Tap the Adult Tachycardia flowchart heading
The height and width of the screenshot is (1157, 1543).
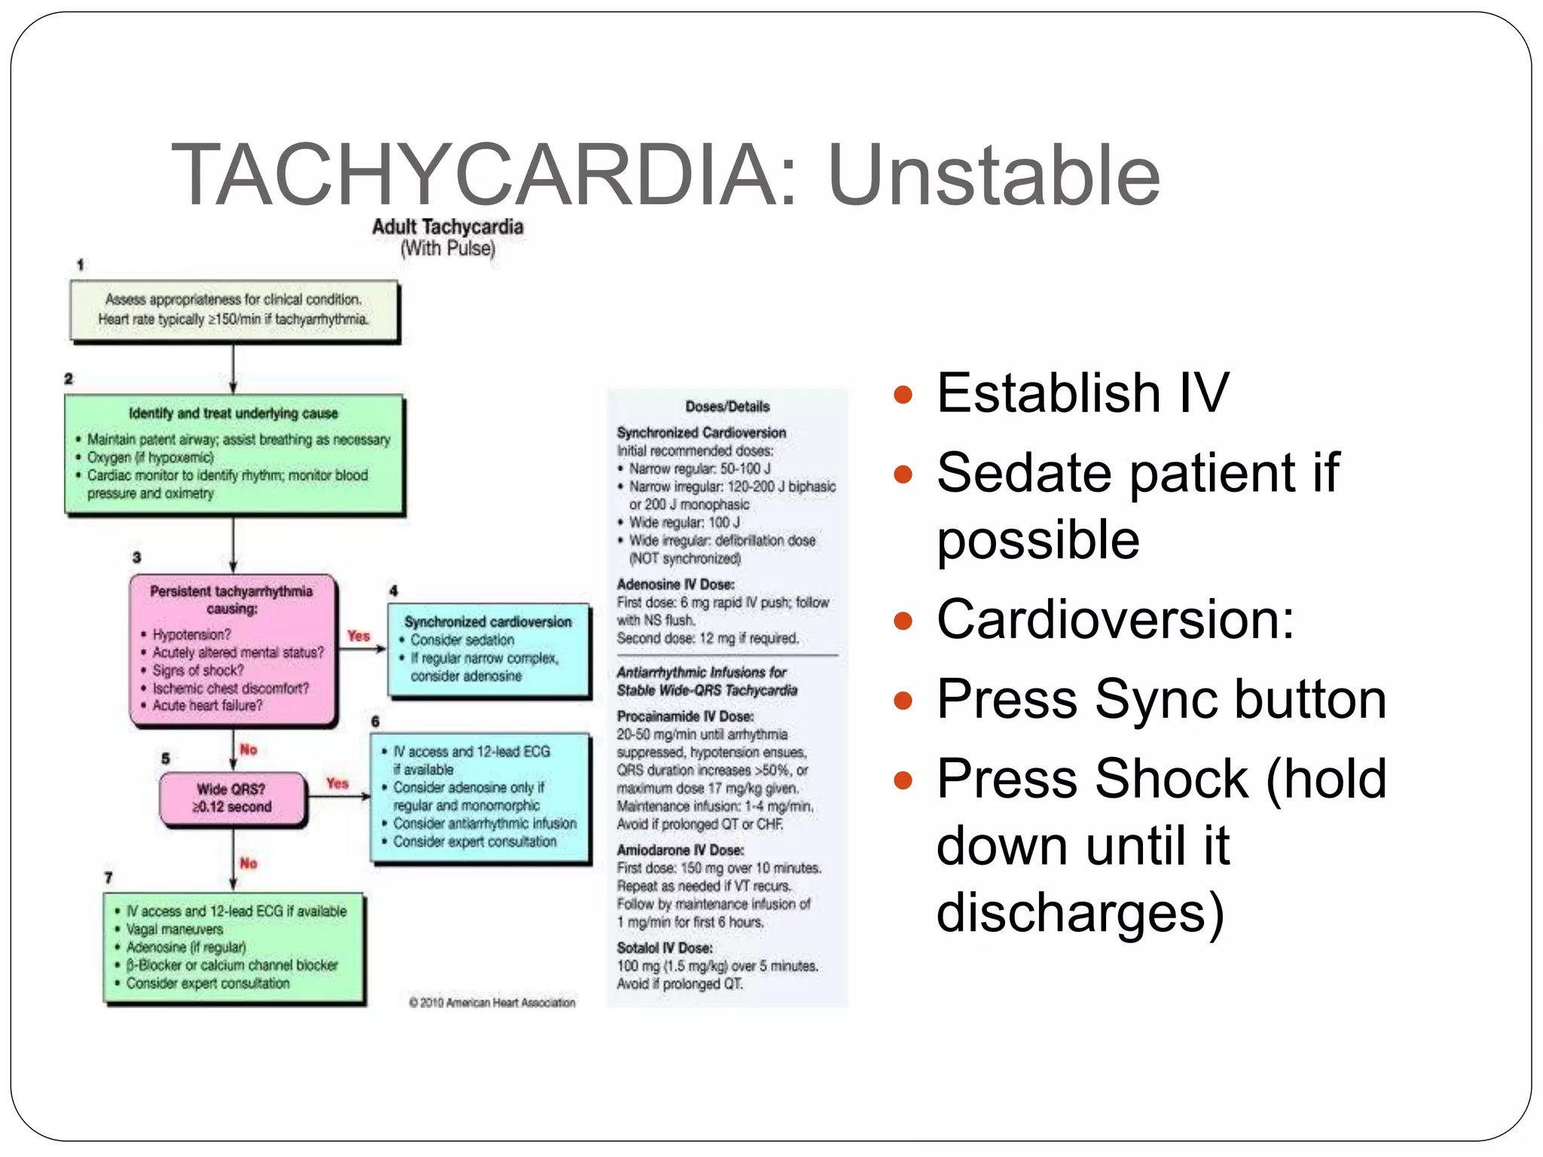(x=448, y=227)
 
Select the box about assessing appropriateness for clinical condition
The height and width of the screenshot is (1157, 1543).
(x=234, y=310)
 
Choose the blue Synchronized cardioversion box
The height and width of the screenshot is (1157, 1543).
(x=488, y=649)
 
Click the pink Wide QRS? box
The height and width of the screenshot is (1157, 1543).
(x=232, y=798)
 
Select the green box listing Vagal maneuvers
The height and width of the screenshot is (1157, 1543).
(x=234, y=948)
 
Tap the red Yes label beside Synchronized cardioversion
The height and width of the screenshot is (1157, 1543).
(x=359, y=636)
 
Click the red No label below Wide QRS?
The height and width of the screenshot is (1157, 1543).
(x=249, y=863)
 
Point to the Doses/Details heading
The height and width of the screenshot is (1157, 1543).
(x=727, y=407)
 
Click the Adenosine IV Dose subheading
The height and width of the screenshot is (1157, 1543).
(x=675, y=585)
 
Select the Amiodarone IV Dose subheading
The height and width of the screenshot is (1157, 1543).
(x=680, y=850)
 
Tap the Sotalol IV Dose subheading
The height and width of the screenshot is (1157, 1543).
(x=665, y=948)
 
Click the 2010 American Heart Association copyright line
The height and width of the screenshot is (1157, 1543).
(x=493, y=1003)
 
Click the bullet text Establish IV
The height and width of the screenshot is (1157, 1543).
(x=1082, y=393)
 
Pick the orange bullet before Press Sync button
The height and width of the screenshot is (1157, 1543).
(x=903, y=701)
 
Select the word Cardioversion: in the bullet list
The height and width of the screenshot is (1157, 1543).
(x=1115, y=620)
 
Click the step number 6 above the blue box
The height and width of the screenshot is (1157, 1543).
(x=375, y=722)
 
